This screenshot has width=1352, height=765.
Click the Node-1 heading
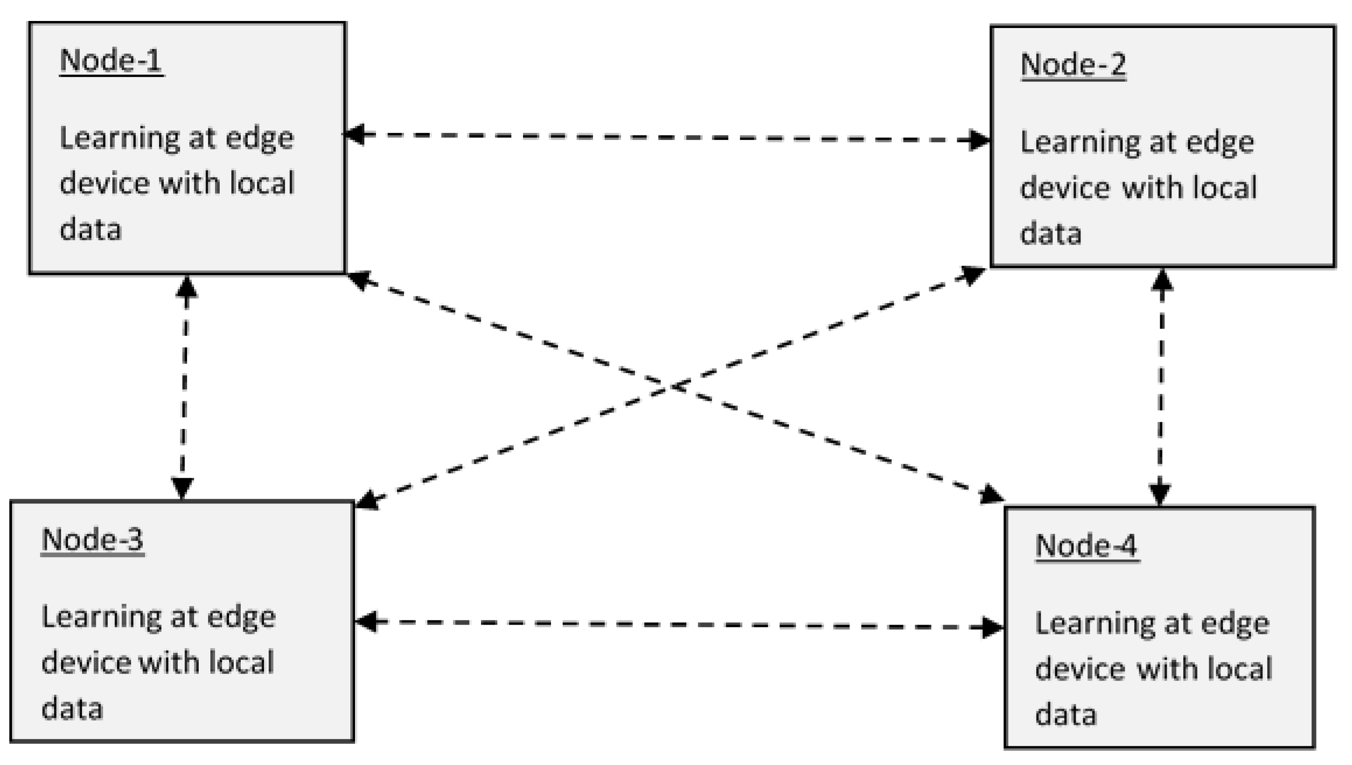point(111,61)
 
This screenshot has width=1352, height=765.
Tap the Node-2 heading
point(1073,65)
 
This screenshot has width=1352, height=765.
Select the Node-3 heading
point(92,540)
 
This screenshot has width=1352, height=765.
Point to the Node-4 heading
point(1087,546)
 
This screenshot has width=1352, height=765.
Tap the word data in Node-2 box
point(1050,233)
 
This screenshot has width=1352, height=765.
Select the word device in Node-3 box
point(83,663)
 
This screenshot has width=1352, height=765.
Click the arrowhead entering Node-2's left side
point(979,140)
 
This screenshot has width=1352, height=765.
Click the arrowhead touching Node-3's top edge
point(182,489)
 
